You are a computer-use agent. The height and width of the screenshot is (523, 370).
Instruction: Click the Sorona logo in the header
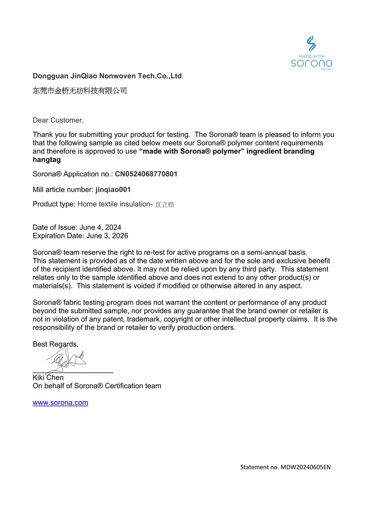tap(312, 53)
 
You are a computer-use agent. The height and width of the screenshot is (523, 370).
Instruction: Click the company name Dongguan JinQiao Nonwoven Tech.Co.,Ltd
tap(107, 76)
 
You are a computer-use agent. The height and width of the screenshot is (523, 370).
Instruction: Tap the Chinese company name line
tap(80, 91)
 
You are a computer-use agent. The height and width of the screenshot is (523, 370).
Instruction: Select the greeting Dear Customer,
tap(58, 120)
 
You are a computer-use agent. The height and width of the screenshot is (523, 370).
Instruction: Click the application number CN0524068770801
tap(146, 174)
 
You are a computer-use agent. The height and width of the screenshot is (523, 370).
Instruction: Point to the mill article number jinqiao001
tap(113, 190)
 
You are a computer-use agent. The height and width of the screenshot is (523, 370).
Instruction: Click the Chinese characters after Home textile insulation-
tap(164, 205)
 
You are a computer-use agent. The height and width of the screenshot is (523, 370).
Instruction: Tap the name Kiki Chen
tap(48, 378)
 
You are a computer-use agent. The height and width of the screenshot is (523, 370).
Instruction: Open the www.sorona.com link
tap(60, 403)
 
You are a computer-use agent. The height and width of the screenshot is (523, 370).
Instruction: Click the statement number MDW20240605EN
tap(305, 467)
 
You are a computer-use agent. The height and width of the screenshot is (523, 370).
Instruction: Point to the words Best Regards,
tap(55, 344)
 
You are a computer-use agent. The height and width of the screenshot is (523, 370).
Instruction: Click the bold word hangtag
tap(47, 160)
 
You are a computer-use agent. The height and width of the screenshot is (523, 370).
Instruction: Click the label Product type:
tap(54, 204)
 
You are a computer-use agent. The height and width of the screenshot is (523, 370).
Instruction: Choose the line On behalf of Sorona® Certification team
tap(97, 386)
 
